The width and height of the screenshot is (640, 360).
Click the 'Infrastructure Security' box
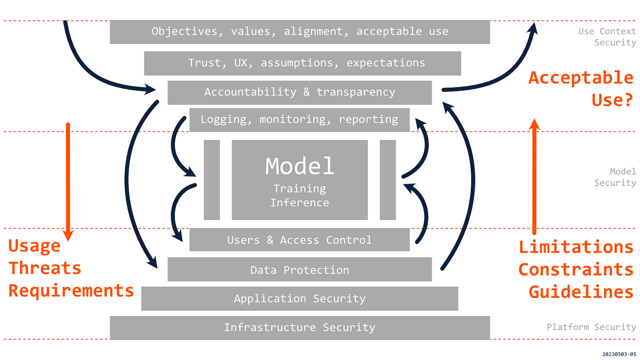point(300,327)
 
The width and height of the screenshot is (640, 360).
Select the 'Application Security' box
point(300,299)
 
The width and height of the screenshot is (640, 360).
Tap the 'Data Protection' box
point(300,270)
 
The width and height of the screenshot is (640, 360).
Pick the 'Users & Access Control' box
point(299,240)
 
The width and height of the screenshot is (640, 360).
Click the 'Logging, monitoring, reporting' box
point(299,120)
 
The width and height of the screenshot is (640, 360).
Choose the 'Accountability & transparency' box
point(300,92)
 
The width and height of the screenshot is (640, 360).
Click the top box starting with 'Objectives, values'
point(300,32)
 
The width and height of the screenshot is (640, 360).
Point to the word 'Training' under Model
point(300,189)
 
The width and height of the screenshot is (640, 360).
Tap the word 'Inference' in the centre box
point(300,203)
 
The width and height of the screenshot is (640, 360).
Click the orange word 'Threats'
point(45,268)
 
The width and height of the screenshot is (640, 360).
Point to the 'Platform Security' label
point(591,327)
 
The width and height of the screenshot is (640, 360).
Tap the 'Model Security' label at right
point(615,177)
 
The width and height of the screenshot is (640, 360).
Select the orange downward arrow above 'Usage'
point(68,180)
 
